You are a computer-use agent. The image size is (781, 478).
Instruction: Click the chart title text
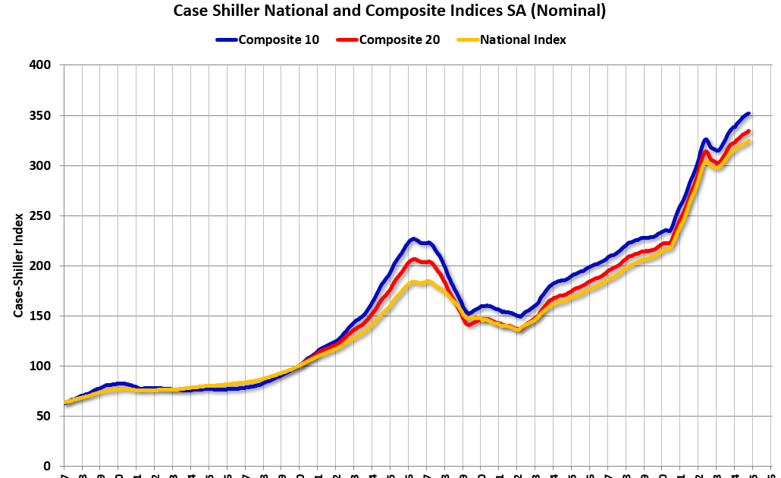(x=389, y=11)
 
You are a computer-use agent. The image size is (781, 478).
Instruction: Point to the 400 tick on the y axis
(x=40, y=65)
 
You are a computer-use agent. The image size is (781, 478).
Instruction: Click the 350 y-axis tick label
(x=40, y=115)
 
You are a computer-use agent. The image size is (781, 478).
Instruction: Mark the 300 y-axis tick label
(x=40, y=165)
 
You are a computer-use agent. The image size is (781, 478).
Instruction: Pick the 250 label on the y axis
(x=40, y=215)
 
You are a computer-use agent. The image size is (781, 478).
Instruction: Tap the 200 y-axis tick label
(x=40, y=266)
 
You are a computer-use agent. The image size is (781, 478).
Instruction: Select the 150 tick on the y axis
(x=40, y=316)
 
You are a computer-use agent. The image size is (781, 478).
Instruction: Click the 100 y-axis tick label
(x=40, y=366)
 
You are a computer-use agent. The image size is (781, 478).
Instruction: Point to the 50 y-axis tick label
(x=43, y=416)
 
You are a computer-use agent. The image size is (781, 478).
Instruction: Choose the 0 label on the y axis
(x=46, y=466)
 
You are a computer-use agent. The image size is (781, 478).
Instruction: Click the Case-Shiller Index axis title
(x=17, y=266)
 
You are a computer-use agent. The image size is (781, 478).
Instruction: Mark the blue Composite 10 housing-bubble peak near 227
(x=413, y=239)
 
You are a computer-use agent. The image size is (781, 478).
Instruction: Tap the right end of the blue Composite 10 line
(x=748, y=114)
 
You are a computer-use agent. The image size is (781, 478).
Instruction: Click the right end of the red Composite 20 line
(x=748, y=131)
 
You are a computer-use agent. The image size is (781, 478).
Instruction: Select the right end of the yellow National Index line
(x=748, y=141)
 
